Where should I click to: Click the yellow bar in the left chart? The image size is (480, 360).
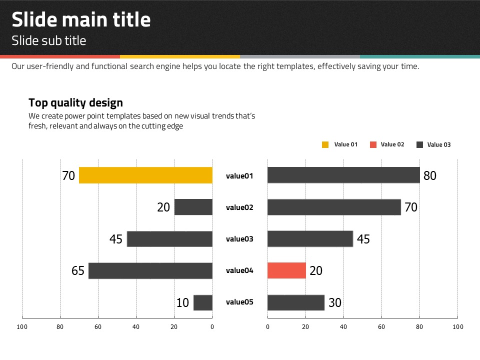(145, 175)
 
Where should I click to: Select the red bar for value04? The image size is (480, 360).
(286, 270)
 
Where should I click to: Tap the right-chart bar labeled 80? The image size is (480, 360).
(343, 175)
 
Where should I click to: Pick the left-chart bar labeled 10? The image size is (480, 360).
(203, 302)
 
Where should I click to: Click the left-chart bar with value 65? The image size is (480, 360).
(150, 270)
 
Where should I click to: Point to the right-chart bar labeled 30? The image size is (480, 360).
(296, 302)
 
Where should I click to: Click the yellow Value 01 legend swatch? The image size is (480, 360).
(325, 144)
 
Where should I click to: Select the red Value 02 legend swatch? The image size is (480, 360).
(373, 144)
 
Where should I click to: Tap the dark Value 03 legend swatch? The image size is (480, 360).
(420, 144)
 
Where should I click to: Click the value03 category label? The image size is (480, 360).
(240, 239)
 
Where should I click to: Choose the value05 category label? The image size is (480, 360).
(240, 302)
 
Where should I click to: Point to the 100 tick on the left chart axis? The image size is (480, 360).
(22, 327)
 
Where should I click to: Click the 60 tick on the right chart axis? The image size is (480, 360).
(381, 327)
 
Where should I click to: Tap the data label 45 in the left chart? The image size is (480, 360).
(116, 239)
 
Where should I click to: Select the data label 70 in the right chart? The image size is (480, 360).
(411, 207)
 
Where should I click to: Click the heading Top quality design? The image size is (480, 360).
(75, 103)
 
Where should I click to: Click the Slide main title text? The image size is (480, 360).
(81, 20)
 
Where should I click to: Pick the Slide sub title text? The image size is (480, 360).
(49, 40)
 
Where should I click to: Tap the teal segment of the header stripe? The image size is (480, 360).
(419, 56)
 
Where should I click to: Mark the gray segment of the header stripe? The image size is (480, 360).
(300, 56)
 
